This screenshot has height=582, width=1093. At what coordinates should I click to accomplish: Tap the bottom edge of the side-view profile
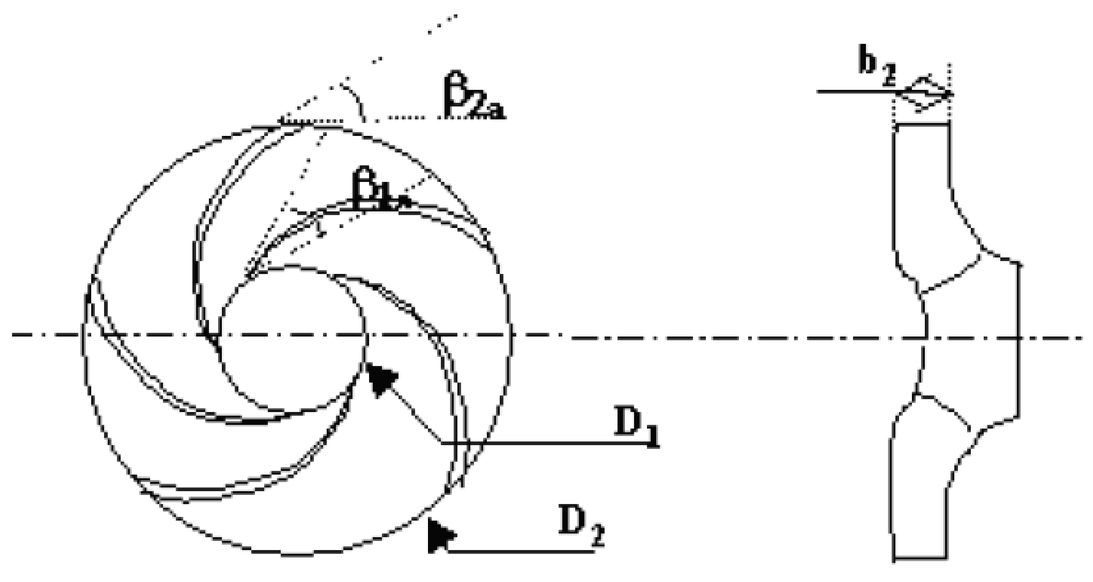tap(921, 569)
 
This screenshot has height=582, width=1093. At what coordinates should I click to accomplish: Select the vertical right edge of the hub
tap(1019, 340)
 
